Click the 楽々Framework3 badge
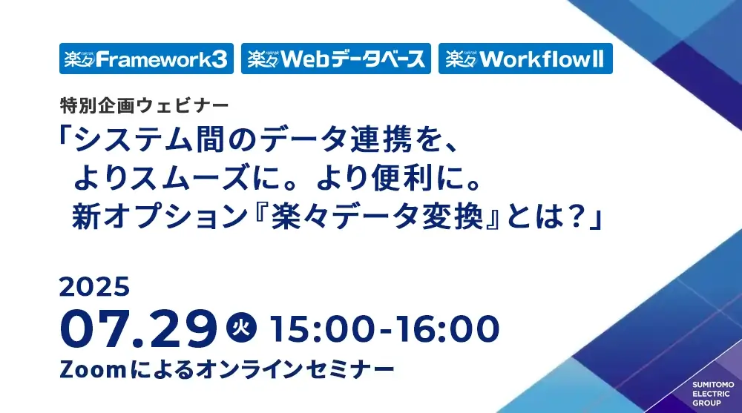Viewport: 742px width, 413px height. (x=146, y=59)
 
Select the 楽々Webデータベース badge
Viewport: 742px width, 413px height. (x=336, y=59)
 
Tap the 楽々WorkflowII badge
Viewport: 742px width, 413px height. (x=525, y=59)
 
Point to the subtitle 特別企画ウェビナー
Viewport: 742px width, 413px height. (x=145, y=105)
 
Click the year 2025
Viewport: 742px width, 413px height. (x=95, y=287)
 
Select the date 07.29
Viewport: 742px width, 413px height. (x=138, y=328)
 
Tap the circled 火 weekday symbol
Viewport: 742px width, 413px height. (x=241, y=327)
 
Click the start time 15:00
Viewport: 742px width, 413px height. (x=324, y=328)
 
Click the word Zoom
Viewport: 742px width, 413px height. (x=93, y=369)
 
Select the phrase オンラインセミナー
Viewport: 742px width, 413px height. (x=295, y=369)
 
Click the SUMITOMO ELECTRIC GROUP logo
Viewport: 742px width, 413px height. (x=713, y=394)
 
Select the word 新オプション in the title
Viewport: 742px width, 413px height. (x=160, y=217)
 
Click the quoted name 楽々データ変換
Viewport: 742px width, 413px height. (x=377, y=217)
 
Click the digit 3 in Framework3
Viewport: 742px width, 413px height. (x=219, y=59)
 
